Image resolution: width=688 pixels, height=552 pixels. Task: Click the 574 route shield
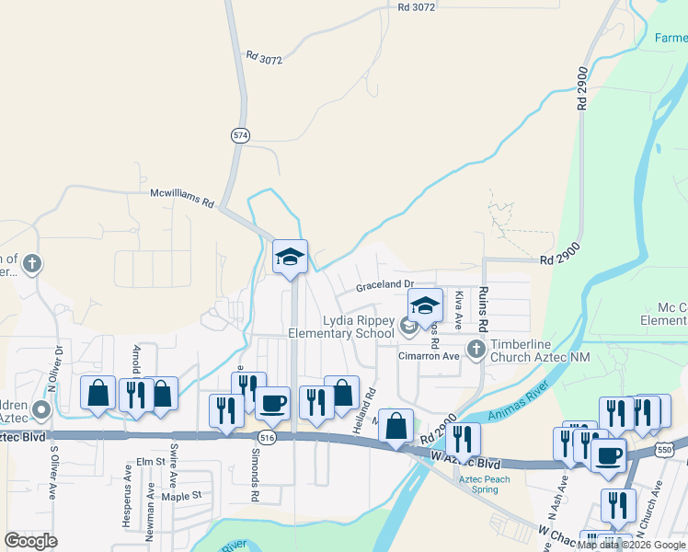point(240,135)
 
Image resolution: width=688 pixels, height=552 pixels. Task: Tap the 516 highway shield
point(267,437)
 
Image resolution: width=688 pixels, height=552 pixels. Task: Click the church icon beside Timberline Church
point(476,350)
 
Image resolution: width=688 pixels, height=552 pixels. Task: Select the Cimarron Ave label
point(428,355)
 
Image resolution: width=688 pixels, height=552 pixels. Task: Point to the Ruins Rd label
point(482,310)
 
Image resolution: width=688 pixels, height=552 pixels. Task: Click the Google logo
point(30,541)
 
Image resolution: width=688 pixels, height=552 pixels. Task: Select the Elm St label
point(149,460)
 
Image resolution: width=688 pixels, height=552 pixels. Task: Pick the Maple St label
point(181,495)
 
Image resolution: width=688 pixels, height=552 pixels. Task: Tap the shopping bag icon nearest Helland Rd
point(341,393)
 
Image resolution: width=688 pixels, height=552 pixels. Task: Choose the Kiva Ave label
point(458,305)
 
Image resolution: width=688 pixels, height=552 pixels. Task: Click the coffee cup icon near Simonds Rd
point(271,402)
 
